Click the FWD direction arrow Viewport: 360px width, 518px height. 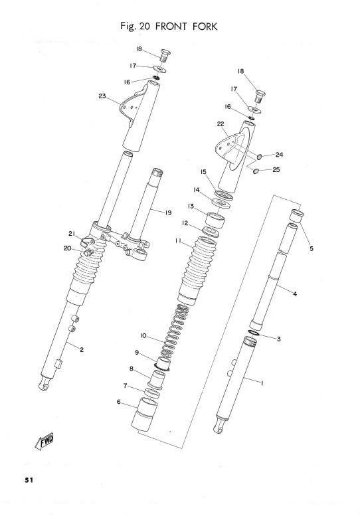44,442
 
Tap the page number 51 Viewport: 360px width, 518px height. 29,480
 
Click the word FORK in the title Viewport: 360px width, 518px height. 205,27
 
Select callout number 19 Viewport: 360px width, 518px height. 169,213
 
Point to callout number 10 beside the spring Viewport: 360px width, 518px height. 143,335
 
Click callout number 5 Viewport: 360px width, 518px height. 311,248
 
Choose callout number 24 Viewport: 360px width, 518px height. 279,155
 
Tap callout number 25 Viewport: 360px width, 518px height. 276,169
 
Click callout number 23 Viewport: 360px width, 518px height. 102,96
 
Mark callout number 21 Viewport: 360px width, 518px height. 72,234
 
